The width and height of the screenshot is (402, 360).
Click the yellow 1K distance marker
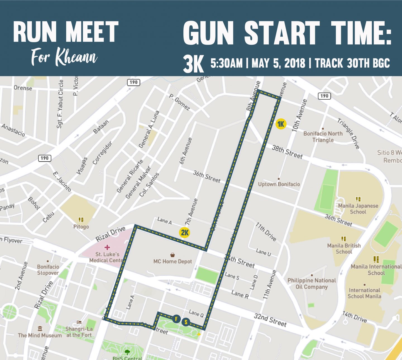point(281,124)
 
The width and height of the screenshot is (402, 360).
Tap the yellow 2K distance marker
point(185,232)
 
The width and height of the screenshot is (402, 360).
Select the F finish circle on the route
point(176,319)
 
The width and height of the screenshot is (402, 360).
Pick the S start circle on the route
point(186,322)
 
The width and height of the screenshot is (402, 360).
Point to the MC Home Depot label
point(173,261)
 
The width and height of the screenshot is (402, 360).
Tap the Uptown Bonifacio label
point(279,184)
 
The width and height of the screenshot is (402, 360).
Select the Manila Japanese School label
point(358,209)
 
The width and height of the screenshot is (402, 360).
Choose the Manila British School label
point(344,249)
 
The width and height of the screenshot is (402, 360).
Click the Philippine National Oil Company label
point(312,284)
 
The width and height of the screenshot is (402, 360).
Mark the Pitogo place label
point(81,227)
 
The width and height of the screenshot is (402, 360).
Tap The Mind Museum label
point(40,335)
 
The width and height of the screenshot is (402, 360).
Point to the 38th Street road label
point(287,152)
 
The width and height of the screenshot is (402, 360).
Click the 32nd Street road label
point(270,320)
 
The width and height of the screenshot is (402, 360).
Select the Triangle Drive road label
point(348,133)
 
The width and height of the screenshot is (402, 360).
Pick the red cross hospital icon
point(107,247)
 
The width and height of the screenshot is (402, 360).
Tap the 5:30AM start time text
point(226,63)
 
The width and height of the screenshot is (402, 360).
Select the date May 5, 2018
point(278,63)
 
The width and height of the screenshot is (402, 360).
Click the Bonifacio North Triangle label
point(323,137)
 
